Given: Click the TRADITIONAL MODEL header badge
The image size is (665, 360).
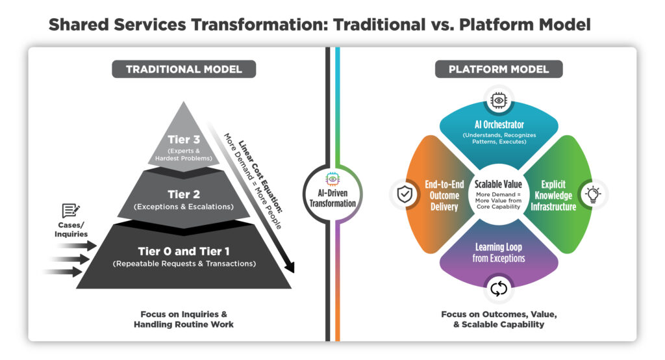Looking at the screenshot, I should click(x=183, y=69).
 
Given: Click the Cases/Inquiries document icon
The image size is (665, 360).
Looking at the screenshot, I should click(x=70, y=211).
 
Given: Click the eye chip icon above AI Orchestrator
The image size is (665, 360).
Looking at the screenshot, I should click(x=499, y=99).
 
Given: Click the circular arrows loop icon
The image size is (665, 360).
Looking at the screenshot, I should click(x=499, y=288).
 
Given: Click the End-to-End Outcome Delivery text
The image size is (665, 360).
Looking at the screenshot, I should click(x=444, y=196).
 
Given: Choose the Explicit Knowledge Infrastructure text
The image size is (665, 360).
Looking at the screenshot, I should click(x=554, y=196).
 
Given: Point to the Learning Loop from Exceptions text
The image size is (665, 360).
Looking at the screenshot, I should click(x=498, y=253).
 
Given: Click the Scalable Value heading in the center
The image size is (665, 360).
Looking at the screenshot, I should click(x=499, y=185).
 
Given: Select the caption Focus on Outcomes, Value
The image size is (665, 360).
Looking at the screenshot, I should click(x=499, y=315).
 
